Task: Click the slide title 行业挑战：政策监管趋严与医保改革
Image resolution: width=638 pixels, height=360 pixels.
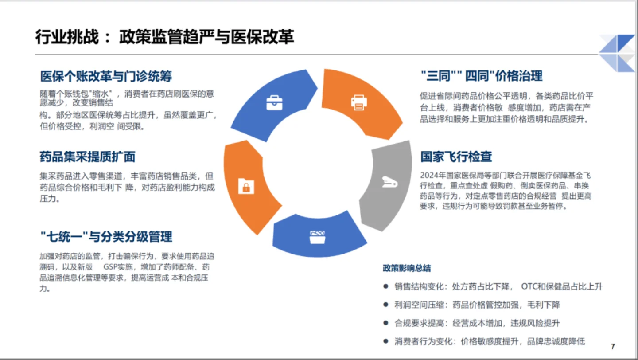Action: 164,38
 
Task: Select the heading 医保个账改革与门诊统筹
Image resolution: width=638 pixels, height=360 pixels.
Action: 106,76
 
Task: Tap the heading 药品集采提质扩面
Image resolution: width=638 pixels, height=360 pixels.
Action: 87,157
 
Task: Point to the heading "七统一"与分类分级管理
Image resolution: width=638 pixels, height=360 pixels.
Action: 106,236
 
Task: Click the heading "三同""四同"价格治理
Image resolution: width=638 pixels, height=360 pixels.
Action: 481,76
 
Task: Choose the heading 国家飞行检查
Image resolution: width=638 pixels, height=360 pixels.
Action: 456,157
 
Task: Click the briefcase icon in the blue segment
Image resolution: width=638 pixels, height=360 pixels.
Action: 274,103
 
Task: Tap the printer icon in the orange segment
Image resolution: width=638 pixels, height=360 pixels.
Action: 359,102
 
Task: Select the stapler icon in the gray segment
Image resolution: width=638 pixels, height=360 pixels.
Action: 389,182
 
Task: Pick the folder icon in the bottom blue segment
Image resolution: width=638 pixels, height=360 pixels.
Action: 318,237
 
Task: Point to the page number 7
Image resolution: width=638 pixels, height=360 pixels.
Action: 613,347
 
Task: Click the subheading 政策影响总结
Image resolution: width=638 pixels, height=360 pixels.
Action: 407,268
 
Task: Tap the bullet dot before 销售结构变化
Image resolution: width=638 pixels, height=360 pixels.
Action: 386,286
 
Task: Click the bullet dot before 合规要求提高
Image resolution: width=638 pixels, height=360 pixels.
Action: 386,323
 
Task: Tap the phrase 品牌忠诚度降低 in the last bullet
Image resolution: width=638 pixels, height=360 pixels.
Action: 556,341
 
